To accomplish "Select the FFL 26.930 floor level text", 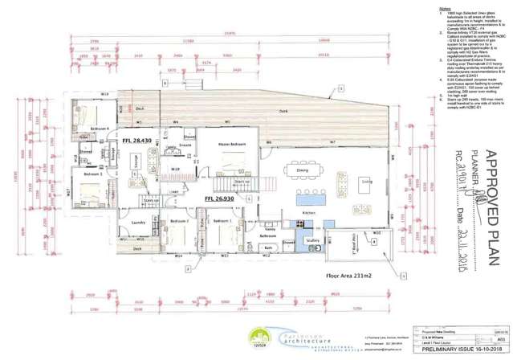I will (219, 198).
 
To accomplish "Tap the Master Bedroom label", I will (232, 143).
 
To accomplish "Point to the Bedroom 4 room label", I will (100, 129).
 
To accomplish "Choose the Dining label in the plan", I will (303, 171).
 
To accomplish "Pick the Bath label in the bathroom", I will (270, 249).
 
